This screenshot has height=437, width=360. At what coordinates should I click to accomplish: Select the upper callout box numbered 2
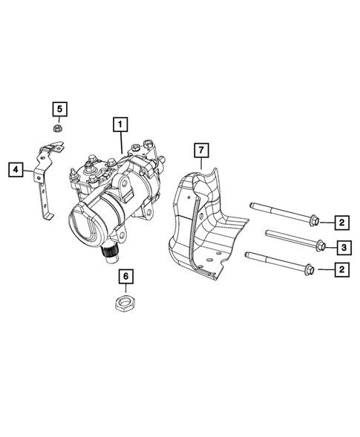(341, 222)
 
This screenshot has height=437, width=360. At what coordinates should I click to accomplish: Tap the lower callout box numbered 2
(341, 271)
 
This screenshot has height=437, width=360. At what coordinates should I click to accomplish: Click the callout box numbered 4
(15, 169)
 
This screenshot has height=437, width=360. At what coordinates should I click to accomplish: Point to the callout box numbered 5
(59, 109)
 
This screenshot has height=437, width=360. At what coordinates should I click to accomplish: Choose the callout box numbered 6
(126, 276)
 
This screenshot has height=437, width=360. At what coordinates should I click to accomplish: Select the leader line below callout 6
(126, 289)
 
